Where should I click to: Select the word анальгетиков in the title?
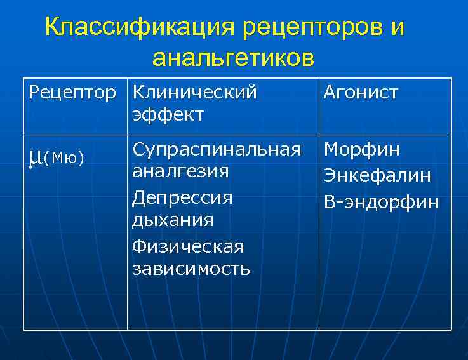pyautogui.click(x=233, y=58)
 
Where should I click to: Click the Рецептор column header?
pyautogui.click(x=72, y=93)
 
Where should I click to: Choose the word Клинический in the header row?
pyautogui.click(x=194, y=93)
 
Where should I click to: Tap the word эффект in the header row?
pyautogui.click(x=168, y=114)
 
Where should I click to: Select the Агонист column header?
pyautogui.click(x=361, y=93)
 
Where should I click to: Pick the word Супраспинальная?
pyautogui.click(x=217, y=150)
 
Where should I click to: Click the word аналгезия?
pyautogui.click(x=180, y=171)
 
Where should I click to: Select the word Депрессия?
pyautogui.click(x=182, y=197)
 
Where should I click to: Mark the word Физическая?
pyautogui.click(x=188, y=246)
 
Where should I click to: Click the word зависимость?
pyautogui.click(x=191, y=268)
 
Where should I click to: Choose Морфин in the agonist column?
pyautogui.click(x=362, y=150)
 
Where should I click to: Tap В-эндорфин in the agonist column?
pyautogui.click(x=381, y=202)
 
